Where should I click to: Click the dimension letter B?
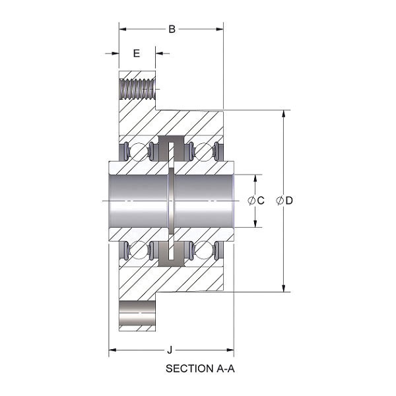pyautogui.click(x=172, y=29)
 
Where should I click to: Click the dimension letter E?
pyautogui.click(x=137, y=53)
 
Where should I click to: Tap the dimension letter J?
pyautogui.click(x=170, y=350)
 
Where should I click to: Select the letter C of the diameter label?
pyautogui.click(x=261, y=201)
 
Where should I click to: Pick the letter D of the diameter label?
pyautogui.click(x=289, y=201)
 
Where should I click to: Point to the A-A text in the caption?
pyautogui.click(x=226, y=369)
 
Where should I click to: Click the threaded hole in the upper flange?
pyautogui.click(x=137, y=89)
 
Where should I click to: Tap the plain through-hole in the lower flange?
pyautogui.click(x=137, y=313)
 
